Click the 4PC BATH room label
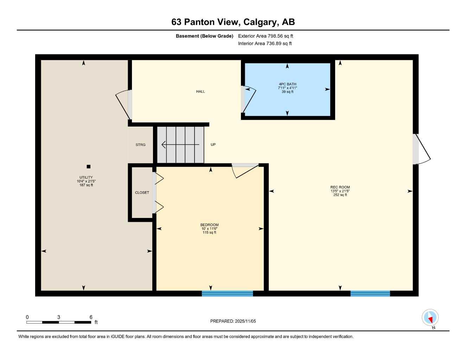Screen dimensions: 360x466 [x=287, y=84]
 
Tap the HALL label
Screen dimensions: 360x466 [x=200, y=92]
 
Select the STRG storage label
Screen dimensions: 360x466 [x=140, y=145]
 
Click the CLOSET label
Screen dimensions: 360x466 [x=142, y=193]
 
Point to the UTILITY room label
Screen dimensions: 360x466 [x=86, y=178]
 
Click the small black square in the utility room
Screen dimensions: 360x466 [x=89, y=167]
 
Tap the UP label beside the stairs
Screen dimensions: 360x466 [x=213, y=145]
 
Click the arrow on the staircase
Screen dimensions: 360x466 [x=180, y=144]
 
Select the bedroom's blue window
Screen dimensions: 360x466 [x=227, y=294]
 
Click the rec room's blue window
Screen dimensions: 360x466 [x=370, y=294]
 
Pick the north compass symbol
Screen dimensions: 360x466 [x=430, y=318]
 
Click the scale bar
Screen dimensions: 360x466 [x=59, y=322]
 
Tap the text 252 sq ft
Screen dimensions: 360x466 [x=340, y=195]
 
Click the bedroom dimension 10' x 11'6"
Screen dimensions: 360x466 [x=209, y=229]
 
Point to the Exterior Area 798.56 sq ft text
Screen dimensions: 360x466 [x=266, y=36]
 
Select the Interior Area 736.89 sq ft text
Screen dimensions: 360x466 [x=265, y=44]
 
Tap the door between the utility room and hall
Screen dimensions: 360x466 [x=124, y=104]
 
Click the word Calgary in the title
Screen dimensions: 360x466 [x=260, y=22]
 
